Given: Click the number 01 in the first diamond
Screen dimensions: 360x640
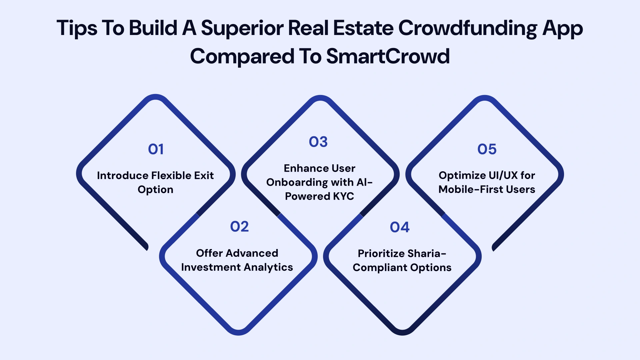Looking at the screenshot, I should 156,149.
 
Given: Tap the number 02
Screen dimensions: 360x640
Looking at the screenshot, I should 239,227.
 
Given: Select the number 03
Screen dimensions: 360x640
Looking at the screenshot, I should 318,142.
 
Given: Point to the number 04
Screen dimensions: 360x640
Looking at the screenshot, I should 399,227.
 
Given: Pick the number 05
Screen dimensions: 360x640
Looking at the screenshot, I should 487,149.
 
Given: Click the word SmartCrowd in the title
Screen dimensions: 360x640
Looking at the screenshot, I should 388,56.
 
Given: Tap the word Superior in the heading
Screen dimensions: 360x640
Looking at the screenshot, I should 242,28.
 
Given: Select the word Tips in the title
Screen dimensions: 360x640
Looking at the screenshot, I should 77,28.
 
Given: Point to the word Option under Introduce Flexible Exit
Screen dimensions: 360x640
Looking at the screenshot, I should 155,190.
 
